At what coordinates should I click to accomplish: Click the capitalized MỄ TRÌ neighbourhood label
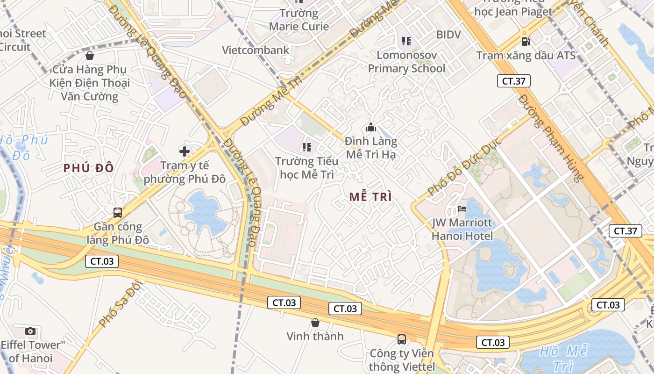370,197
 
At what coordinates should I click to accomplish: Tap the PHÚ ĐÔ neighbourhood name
89,168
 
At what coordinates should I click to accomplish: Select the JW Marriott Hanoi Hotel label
462,229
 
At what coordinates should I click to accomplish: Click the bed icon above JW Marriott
462,209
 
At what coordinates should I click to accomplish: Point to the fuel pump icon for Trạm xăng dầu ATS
526,42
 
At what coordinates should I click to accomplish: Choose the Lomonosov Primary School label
406,62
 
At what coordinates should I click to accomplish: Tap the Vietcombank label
256,50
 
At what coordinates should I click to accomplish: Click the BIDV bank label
448,35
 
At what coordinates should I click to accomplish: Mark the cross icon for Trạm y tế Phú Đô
185,151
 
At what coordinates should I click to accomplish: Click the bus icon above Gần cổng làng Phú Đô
118,213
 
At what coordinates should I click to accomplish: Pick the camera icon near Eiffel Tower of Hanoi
30,331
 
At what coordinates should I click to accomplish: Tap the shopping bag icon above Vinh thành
315,323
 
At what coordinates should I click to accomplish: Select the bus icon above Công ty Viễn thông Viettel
402,339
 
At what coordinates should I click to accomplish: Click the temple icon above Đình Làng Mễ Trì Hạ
371,127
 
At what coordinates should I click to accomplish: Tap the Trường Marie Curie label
299,20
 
